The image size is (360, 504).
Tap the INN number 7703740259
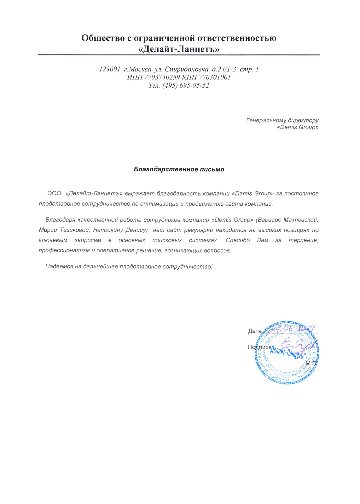point(162,77)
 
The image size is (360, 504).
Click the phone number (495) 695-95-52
point(186,86)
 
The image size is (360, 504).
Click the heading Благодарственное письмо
point(179,169)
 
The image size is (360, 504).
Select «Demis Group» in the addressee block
point(297,127)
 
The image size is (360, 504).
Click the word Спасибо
point(238,240)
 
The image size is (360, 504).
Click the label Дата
point(255,331)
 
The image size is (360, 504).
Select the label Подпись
point(259,347)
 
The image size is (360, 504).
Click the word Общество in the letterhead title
point(103,38)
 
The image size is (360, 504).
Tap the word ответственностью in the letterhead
point(237,38)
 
